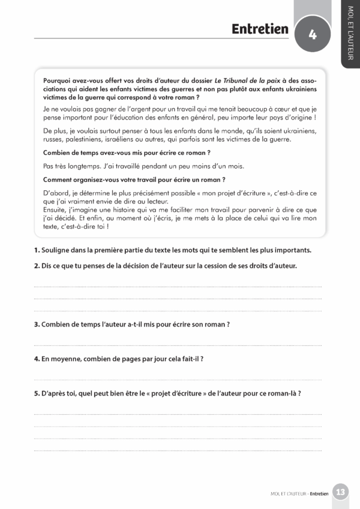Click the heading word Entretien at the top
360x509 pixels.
(260, 29)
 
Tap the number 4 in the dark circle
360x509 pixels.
(313, 34)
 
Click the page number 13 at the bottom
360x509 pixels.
(340, 492)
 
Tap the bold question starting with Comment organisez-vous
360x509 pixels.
(134, 179)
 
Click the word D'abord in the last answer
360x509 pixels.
(56, 193)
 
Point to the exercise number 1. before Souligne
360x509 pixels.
(37, 250)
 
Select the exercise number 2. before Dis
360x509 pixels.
(37, 265)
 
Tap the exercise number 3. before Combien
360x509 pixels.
(37, 324)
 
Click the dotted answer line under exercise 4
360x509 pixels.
(178, 379)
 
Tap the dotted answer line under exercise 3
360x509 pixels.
(178, 345)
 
